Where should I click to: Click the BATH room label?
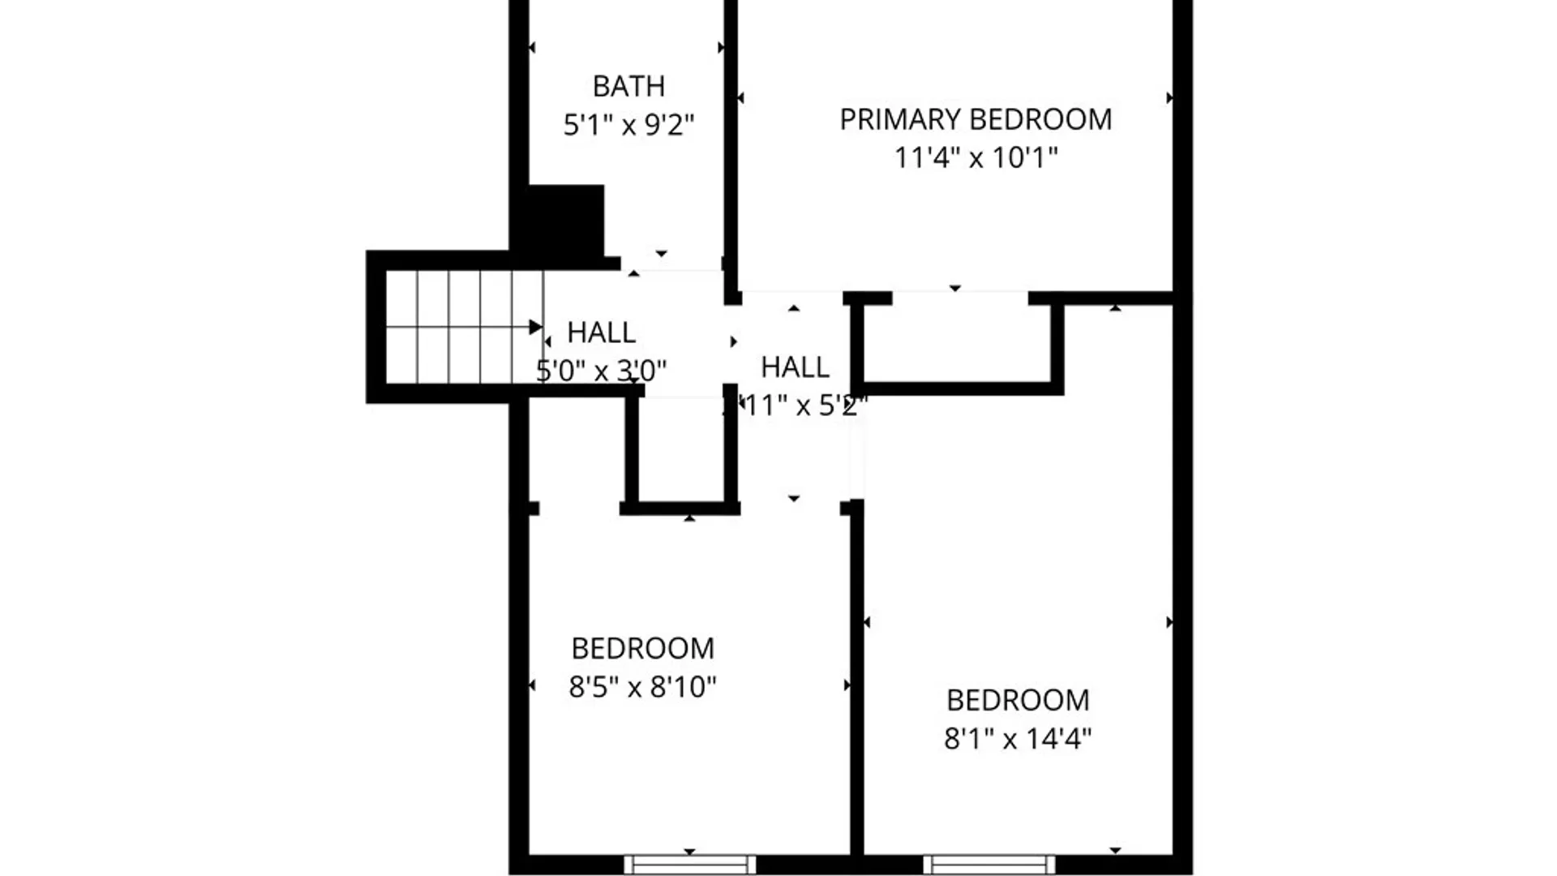coord(628,86)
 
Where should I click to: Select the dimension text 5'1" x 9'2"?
coord(628,125)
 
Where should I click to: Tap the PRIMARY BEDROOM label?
coord(976,119)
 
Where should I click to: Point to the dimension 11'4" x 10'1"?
coord(976,157)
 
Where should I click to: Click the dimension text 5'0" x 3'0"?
coord(601,371)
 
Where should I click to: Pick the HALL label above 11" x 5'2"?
coord(795,367)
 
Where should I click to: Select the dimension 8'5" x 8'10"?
coord(642,687)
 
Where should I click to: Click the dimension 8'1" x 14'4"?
coord(1018,739)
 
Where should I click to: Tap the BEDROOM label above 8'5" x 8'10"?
coord(642,649)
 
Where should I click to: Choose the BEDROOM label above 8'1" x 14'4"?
coord(1018,700)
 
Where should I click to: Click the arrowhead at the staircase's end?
coord(536,327)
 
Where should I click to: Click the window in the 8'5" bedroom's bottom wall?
coord(689,865)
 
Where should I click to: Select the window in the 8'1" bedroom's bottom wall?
coord(989,865)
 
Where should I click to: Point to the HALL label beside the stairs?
coord(601,333)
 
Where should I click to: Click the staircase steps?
coord(458,327)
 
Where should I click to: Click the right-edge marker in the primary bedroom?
coord(1169,98)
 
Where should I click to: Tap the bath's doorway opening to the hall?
coord(671,264)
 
